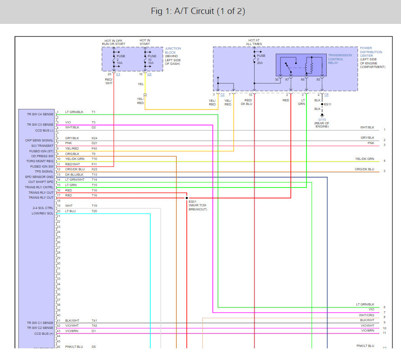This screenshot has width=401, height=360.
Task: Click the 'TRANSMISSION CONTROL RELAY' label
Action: coord(340,59)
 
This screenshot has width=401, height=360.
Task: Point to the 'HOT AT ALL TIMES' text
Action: coord(254,42)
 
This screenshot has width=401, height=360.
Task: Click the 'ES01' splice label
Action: coord(193,201)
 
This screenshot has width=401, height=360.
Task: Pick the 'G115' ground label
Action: coord(322,119)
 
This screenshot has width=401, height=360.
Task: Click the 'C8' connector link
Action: coord(326,95)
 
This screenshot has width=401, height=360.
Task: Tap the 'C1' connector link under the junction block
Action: coord(118,74)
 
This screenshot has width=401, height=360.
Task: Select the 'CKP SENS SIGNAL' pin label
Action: coord(39,141)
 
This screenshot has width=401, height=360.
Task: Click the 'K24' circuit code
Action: coord(95,138)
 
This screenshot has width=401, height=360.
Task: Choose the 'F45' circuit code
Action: coord(95,148)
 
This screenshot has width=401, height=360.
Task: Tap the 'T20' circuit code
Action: coord(95,211)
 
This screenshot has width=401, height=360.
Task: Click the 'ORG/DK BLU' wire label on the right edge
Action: coord(365,169)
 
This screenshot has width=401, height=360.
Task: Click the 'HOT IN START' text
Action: coord(145,42)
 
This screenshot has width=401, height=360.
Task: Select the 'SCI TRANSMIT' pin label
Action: coord(42,146)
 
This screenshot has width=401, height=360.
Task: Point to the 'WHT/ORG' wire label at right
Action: coord(366,315)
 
